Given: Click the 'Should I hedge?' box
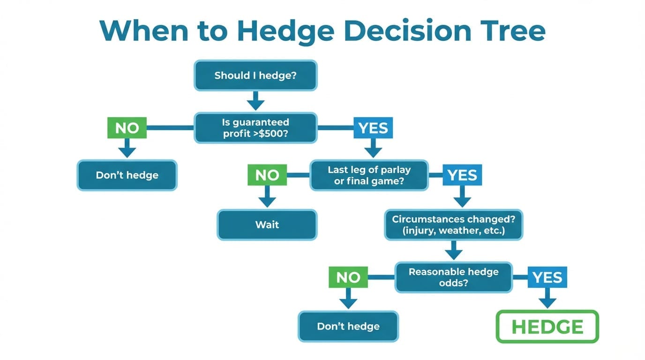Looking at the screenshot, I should click(x=255, y=75).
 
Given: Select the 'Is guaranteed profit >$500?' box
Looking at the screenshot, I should click(x=255, y=127).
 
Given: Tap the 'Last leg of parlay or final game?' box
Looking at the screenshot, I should click(x=369, y=175).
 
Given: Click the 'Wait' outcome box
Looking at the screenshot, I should click(x=267, y=225).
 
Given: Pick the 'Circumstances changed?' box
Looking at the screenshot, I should click(x=453, y=225).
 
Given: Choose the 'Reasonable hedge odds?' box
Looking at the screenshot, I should click(x=453, y=277).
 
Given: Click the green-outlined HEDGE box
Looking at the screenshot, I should click(x=547, y=326).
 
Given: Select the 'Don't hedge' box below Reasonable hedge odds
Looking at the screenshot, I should click(x=348, y=326).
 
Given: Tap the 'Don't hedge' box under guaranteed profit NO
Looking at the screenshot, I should click(x=127, y=175).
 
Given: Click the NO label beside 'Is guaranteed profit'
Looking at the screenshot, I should click(x=127, y=127).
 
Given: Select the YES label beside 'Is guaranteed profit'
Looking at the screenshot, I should click(x=373, y=127).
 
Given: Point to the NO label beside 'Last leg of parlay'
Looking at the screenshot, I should click(x=267, y=175).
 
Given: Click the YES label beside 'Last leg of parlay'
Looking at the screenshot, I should click(x=462, y=175).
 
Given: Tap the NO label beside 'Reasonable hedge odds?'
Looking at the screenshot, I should click(x=348, y=277).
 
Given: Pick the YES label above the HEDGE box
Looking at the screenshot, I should click(x=547, y=277).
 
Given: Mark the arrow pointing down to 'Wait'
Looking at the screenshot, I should click(x=267, y=197).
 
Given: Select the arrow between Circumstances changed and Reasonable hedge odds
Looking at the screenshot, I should click(x=453, y=250).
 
